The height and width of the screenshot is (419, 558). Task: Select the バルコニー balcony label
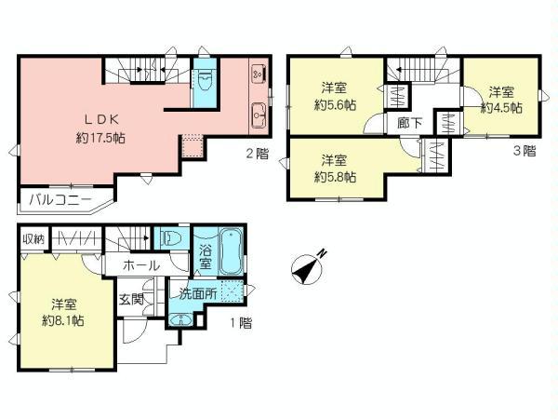pos(59,199)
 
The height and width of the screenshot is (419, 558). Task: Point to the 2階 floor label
pos(257,153)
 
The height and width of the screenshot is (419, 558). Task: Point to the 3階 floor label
pos(523,149)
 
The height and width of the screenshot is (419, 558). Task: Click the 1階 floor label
pos(240,323)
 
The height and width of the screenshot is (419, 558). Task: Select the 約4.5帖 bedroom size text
pos(501,107)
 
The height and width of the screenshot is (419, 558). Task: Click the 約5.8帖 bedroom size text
pos(336,177)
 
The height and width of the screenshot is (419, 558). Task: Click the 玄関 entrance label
pos(130,299)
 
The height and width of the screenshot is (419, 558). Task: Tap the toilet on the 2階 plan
pos(206,78)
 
